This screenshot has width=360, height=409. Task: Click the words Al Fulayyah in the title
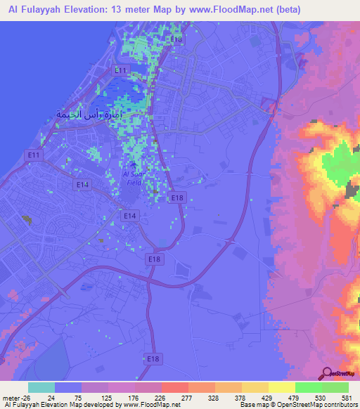pos(34,10)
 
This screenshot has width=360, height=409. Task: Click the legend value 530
pos(323,397)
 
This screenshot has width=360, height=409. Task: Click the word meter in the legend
pos(9,397)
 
